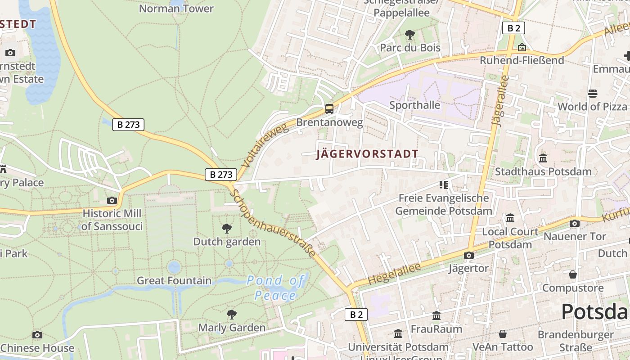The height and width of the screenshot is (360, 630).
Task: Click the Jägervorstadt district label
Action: point(367,154)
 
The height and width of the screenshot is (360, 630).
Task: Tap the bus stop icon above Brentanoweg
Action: point(329,108)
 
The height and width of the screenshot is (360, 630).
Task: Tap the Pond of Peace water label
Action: point(275,288)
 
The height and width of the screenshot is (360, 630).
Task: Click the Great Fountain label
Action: point(174,281)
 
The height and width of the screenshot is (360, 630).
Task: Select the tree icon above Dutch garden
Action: point(227,229)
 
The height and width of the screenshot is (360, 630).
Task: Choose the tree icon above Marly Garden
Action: point(232,314)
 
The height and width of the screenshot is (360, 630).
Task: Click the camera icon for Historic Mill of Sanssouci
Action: point(112,200)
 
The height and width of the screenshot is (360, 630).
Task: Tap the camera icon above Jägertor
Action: point(469,255)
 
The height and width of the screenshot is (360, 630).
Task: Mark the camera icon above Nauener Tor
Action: point(575,223)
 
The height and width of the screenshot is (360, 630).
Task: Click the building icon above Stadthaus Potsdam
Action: point(543,158)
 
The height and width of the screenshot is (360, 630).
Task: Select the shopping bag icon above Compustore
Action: point(573,274)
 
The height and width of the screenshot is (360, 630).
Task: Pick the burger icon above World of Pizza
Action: point(592,94)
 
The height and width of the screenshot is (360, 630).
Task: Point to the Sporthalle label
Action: point(414,105)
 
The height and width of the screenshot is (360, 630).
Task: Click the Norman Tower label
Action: point(176,9)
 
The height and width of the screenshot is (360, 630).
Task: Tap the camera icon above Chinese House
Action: point(37,335)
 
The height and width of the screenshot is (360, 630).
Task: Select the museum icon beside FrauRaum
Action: point(436,316)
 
